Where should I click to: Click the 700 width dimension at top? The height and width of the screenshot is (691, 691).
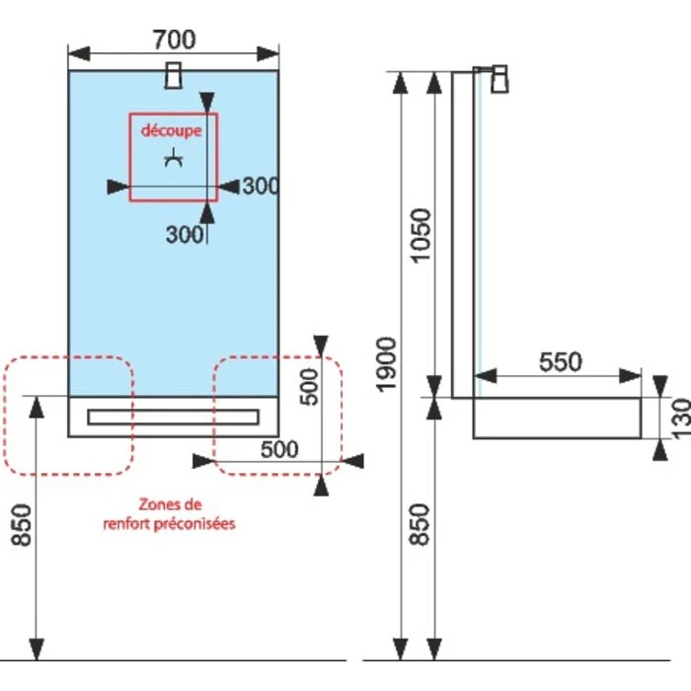(174, 38)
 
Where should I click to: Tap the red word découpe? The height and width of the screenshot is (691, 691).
(171, 130)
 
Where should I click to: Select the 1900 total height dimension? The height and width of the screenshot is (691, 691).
(386, 362)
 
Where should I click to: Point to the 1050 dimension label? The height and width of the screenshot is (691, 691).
(422, 234)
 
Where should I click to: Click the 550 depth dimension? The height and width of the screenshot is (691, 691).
(560, 361)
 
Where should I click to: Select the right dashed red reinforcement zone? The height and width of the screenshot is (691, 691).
(278, 415)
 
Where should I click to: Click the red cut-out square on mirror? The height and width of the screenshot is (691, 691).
(173, 158)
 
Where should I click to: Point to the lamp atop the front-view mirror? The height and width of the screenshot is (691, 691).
(174, 76)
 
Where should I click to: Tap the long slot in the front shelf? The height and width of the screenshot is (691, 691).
(173, 417)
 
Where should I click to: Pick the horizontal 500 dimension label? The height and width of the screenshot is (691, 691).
(279, 449)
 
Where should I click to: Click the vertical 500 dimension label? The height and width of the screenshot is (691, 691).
(308, 387)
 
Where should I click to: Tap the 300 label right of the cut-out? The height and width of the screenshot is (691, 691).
(261, 186)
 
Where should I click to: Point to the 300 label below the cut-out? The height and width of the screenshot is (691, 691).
(184, 235)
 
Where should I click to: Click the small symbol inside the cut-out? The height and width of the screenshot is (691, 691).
(174, 159)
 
